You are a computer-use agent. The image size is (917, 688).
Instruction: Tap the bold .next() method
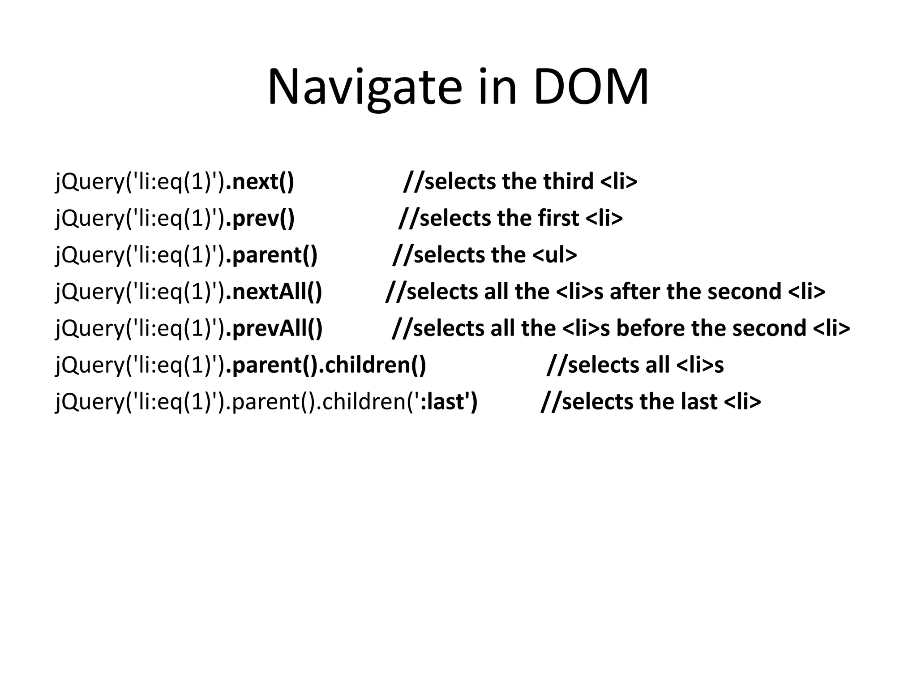point(260,181)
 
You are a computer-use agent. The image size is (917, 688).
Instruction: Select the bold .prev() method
point(260,218)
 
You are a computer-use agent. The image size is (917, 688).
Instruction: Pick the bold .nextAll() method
point(274,292)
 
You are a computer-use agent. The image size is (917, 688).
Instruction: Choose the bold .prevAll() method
point(274,328)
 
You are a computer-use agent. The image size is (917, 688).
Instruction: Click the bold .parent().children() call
point(326,365)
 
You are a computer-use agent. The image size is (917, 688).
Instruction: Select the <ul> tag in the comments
point(554,255)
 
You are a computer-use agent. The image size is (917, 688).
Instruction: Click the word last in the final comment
point(699,401)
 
